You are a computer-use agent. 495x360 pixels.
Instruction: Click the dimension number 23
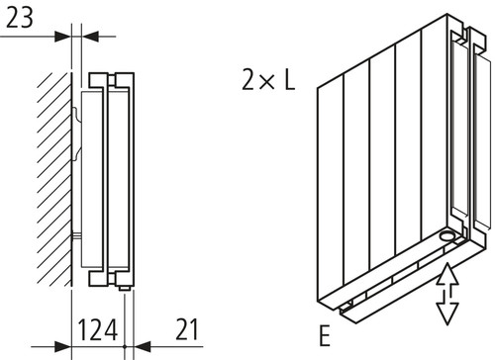tap(20, 18)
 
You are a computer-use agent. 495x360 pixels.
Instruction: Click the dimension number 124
tap(98, 329)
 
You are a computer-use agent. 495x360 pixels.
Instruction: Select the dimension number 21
tap(187, 329)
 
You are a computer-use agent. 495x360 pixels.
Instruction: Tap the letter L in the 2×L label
tap(289, 79)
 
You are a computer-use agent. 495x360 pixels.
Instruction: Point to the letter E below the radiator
tap(325, 335)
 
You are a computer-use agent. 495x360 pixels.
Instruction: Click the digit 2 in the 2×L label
tap(249, 79)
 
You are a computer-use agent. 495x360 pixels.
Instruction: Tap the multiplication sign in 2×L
tap(267, 81)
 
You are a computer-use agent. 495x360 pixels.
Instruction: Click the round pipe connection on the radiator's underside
tap(447, 235)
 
